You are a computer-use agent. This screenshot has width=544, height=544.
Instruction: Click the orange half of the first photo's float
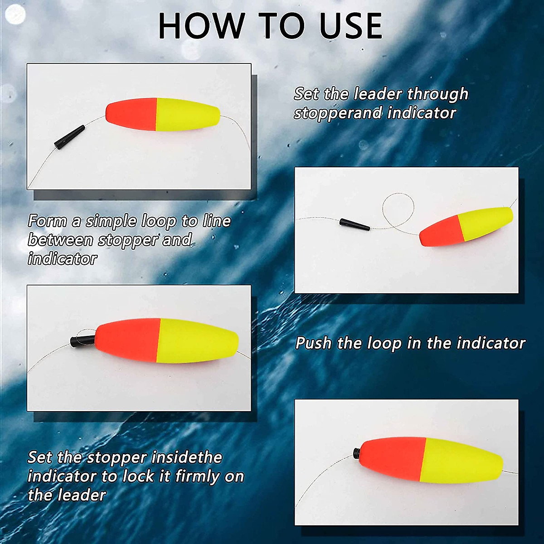point(131,114)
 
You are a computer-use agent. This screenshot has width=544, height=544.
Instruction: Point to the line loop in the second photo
point(398,209)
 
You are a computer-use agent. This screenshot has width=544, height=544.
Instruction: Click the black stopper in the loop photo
point(354,224)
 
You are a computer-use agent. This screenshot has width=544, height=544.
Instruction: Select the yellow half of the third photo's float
point(197,340)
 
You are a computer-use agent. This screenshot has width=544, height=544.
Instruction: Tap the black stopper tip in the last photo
point(357,452)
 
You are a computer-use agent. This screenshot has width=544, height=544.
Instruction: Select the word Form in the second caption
point(48,221)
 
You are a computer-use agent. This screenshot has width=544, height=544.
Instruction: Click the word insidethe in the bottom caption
point(186,457)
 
